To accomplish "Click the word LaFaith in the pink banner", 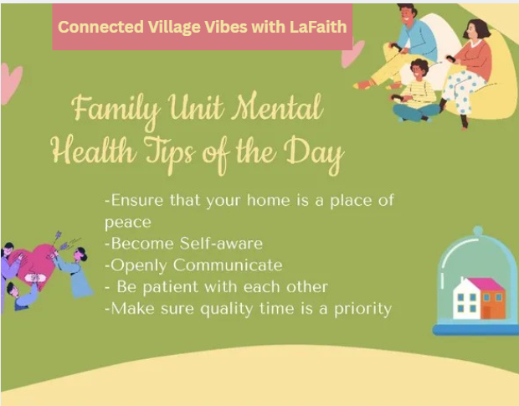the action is tap(318, 27).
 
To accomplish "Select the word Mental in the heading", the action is tap(277, 106).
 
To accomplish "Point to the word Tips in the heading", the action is tap(169, 153).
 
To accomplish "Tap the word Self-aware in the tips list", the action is tap(221, 244).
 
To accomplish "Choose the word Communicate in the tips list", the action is tap(228, 265).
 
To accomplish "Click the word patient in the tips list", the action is tap(170, 287).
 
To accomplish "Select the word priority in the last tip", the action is tap(362, 310).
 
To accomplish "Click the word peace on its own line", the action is tap(128, 223).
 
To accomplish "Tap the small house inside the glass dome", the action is tap(479, 298).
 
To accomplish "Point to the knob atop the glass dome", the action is tap(478, 231).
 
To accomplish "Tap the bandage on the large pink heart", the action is tap(35, 278).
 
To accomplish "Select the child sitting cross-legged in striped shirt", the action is tap(415, 90).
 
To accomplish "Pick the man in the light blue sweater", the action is tap(397, 46).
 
